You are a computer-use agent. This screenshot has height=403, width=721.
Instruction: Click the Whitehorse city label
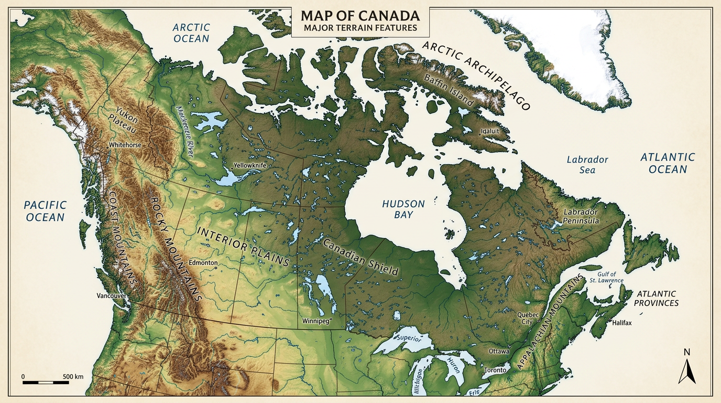point(125,145)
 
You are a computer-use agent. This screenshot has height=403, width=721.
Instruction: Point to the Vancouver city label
point(111,296)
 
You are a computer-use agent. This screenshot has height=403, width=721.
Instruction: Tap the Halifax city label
point(621,323)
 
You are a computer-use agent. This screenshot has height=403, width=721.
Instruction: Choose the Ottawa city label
point(498,351)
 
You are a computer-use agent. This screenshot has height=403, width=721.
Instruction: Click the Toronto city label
point(495,370)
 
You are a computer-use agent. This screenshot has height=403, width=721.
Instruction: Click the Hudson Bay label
point(403,209)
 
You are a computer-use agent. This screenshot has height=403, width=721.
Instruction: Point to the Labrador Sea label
point(587,164)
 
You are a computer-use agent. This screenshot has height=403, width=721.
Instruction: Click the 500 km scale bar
point(46,381)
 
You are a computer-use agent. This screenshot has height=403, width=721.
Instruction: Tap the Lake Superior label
point(410,337)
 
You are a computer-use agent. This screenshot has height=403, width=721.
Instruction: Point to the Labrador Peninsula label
point(581,217)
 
